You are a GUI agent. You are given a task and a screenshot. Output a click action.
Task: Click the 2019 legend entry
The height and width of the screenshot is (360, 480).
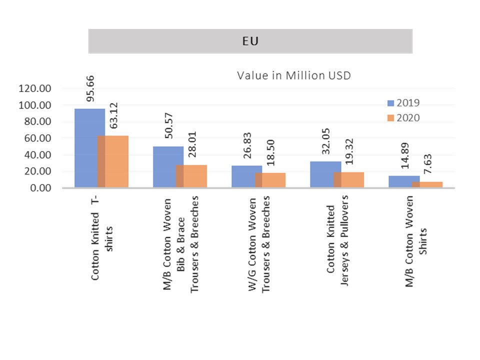click(x=403, y=103)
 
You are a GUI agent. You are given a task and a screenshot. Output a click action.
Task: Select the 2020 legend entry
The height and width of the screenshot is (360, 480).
click(x=403, y=118)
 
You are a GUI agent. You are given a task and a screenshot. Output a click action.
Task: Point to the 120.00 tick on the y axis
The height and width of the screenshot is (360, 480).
click(x=35, y=88)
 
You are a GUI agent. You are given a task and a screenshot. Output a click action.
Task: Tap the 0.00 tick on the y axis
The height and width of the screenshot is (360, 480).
click(x=40, y=187)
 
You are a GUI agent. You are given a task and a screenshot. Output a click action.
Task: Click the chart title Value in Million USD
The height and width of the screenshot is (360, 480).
click(x=293, y=76)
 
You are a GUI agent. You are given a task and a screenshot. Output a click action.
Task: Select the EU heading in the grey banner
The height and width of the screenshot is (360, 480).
click(x=250, y=41)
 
